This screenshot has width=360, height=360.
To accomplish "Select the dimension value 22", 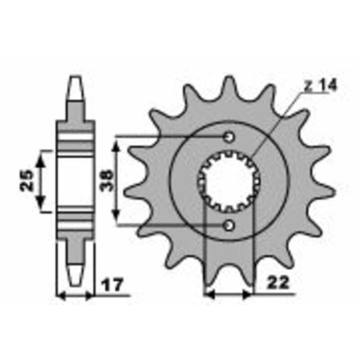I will [x=276, y=283].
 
